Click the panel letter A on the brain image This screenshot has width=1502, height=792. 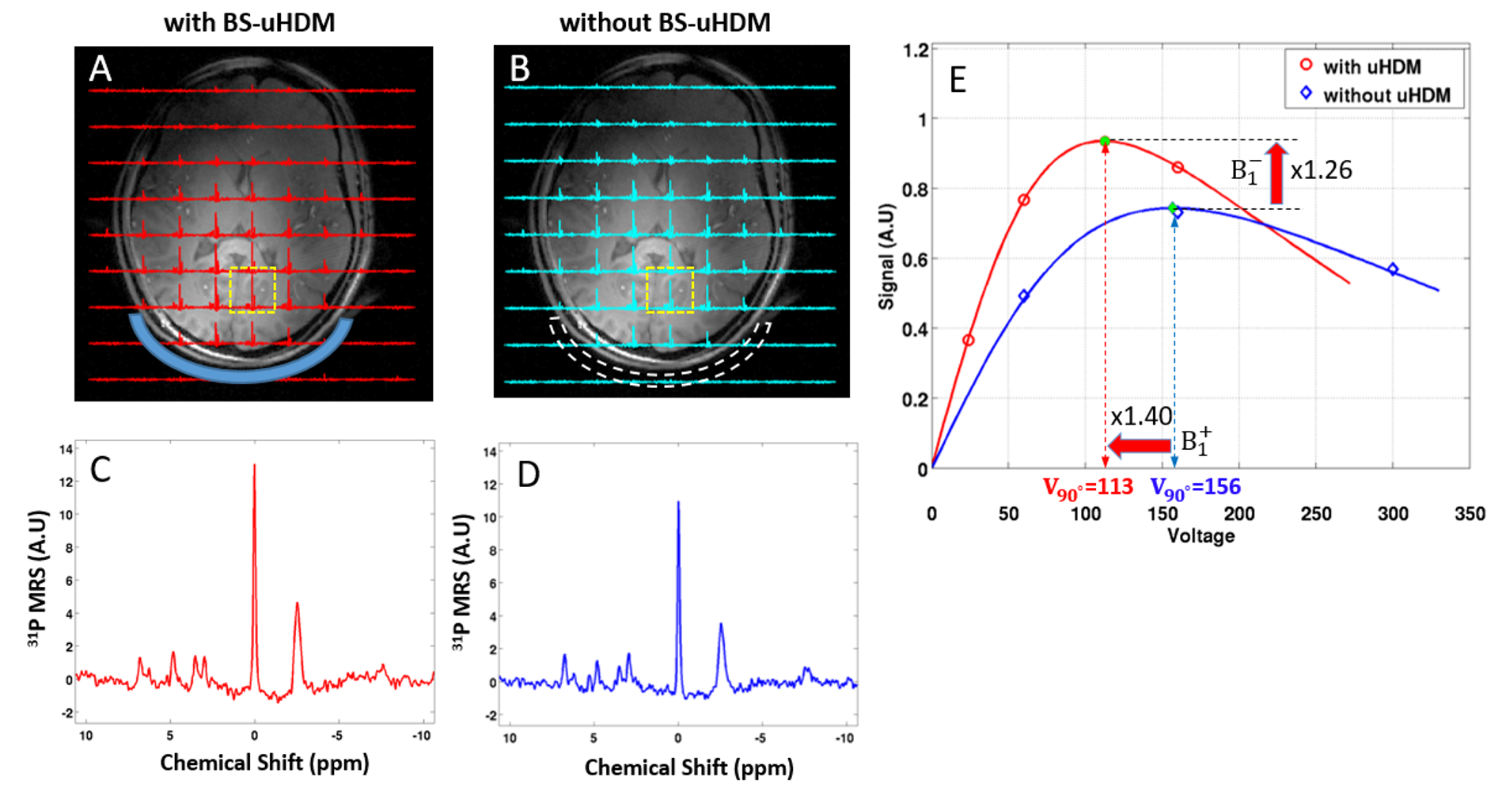pyautogui.click(x=101, y=69)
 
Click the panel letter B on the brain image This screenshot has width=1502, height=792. pyautogui.click(x=520, y=69)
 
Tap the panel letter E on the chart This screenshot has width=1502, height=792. pyautogui.click(x=958, y=80)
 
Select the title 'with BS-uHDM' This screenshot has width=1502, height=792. pyautogui.click(x=249, y=22)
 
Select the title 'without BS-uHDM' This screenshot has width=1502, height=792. pyautogui.click(x=665, y=22)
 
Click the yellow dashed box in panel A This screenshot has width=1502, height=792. pyautogui.click(x=252, y=290)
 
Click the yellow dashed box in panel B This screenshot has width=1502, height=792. pyautogui.click(x=670, y=290)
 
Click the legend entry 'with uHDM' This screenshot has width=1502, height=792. pyautogui.click(x=1371, y=67)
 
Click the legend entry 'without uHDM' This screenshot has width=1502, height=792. pyautogui.click(x=1386, y=95)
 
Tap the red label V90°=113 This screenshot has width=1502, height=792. pyautogui.click(x=1087, y=488)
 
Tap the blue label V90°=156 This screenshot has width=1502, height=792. pyautogui.click(x=1195, y=488)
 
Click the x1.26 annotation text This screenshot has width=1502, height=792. pyautogui.click(x=1321, y=170)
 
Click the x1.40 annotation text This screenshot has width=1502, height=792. pyautogui.click(x=1140, y=417)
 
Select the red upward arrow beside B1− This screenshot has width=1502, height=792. pyautogui.click(x=1276, y=173)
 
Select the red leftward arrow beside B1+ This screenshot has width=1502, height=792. pyautogui.click(x=1140, y=445)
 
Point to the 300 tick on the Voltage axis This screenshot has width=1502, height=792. pyautogui.click(x=1393, y=514)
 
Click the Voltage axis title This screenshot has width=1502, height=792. pyautogui.click(x=1200, y=536)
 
